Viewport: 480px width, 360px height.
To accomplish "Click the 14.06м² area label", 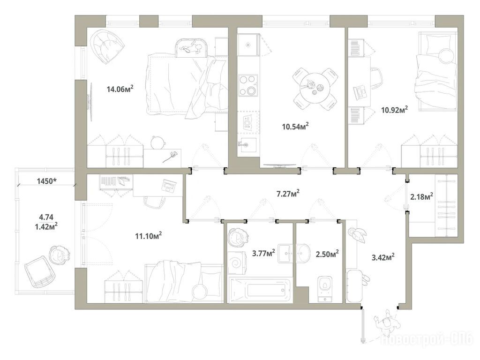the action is click(x=120, y=89).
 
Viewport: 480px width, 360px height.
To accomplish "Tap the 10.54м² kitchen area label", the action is click(x=295, y=126).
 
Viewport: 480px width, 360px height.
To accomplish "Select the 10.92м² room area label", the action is click(x=395, y=110).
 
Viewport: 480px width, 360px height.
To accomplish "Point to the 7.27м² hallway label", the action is click(x=288, y=194).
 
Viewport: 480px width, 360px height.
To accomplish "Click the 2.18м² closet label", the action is click(x=421, y=196).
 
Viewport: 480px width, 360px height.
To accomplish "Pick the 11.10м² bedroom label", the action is click(x=149, y=236).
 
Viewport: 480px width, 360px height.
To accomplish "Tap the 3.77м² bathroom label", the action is click(x=263, y=253).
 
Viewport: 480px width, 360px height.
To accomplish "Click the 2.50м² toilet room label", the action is click(x=327, y=254).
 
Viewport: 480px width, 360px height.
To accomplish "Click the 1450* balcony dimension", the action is click(x=46, y=181).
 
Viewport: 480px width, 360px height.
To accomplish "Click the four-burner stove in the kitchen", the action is click(x=247, y=85).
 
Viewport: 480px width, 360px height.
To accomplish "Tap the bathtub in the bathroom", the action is click(x=261, y=290).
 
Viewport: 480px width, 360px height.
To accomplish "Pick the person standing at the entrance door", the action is click(x=386, y=324).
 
